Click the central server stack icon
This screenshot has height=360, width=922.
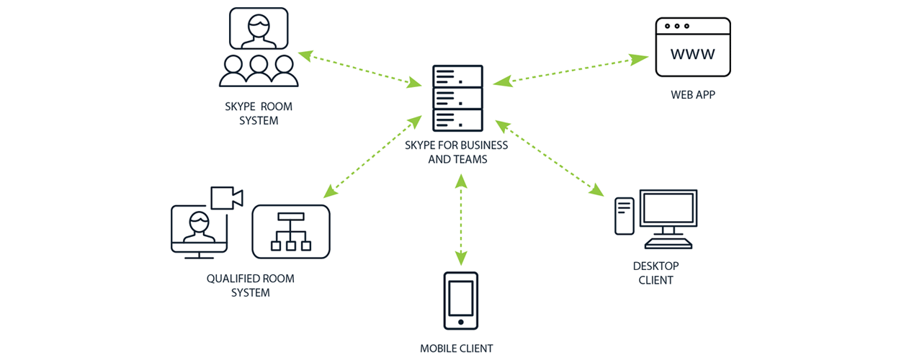[457, 97]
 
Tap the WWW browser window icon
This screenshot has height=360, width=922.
[692, 48]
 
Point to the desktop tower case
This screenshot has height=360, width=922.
[624, 216]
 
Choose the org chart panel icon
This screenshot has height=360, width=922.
[291, 232]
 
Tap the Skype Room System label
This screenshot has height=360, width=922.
[259, 114]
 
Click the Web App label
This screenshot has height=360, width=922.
[693, 94]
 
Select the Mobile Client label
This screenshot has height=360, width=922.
[457, 348]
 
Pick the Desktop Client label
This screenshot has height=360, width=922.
[655, 273]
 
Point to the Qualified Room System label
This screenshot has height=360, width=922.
[250, 286]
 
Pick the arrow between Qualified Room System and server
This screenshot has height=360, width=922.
[372, 156]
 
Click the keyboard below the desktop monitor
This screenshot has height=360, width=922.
[668, 243]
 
